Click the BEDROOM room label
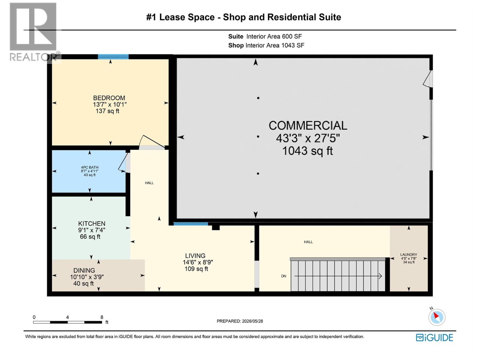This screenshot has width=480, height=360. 109,98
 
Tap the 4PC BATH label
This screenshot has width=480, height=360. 90,167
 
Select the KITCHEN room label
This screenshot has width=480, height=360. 91,223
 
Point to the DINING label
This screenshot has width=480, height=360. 84,270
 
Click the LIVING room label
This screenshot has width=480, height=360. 195,256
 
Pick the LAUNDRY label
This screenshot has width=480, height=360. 409,255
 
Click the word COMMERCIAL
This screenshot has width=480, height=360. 308,125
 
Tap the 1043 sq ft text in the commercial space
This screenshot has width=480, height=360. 307,151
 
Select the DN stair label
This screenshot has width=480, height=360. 283,276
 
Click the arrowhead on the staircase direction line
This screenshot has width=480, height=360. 380,276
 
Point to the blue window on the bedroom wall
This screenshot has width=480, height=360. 113,57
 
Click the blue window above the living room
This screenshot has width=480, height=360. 191,224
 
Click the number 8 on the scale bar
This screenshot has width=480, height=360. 102,317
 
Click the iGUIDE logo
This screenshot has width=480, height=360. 434,338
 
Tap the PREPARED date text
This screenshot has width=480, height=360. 240,321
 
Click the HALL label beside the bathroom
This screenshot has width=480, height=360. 149,183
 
